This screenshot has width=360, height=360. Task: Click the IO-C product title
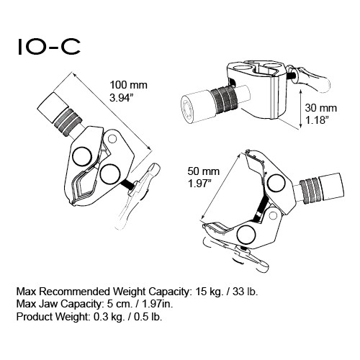click(x=49, y=47)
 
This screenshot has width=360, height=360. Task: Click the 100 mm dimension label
click(x=128, y=85)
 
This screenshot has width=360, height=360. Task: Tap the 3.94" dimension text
click(x=122, y=98)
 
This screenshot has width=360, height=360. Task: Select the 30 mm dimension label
click(x=321, y=108)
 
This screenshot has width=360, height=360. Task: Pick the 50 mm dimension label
click(x=204, y=171)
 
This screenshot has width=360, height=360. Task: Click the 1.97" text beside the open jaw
click(x=199, y=184)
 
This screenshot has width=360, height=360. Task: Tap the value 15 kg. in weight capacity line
click(x=210, y=292)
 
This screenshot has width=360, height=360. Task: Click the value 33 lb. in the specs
click(x=245, y=292)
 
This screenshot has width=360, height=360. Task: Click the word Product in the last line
click(x=33, y=317)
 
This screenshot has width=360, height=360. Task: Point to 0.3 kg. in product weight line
click(x=109, y=317)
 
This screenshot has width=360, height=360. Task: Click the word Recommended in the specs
click(x=75, y=292)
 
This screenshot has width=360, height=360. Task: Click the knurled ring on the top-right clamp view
click(x=224, y=99)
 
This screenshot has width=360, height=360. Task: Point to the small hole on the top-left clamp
click(x=112, y=138)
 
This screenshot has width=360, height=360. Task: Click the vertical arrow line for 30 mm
click(x=300, y=109)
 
